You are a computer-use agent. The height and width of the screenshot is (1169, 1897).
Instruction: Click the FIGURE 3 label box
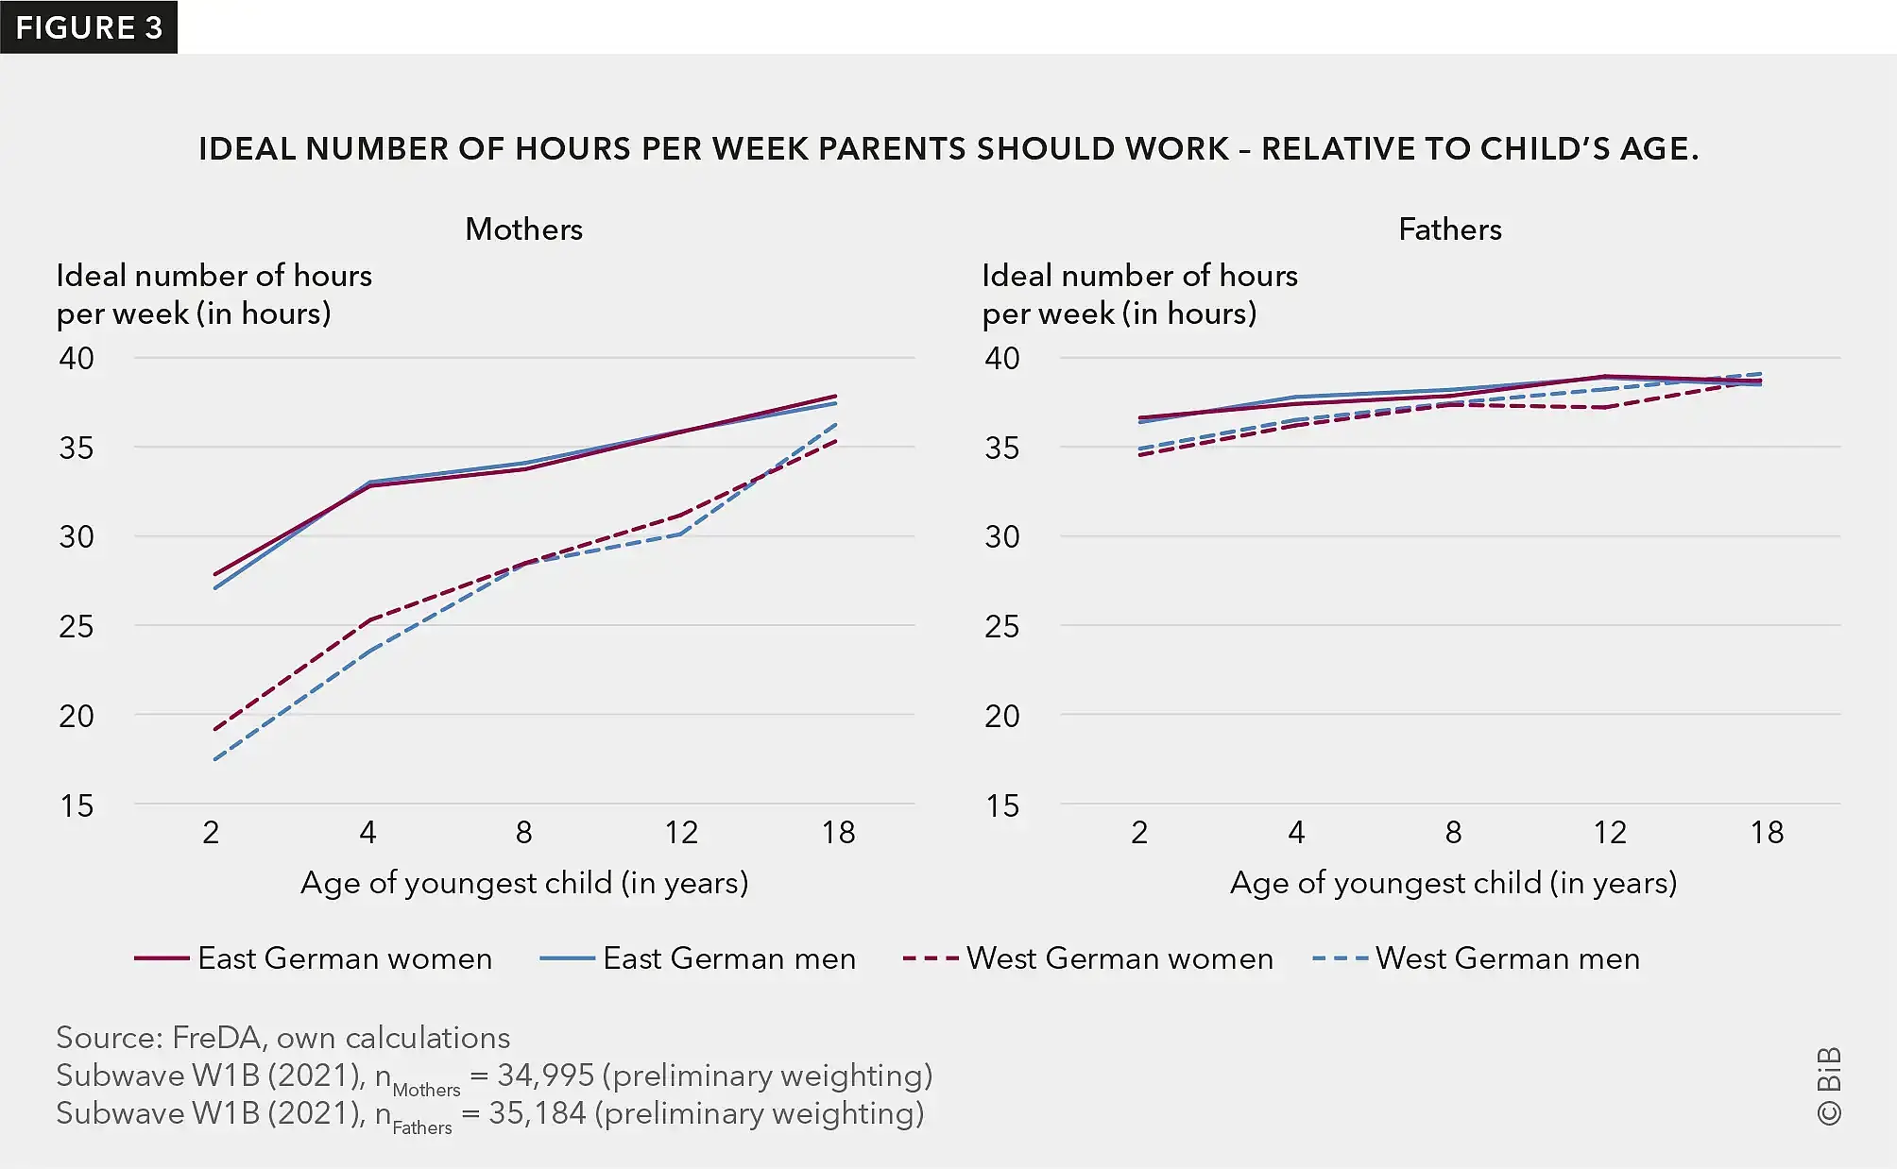(89, 27)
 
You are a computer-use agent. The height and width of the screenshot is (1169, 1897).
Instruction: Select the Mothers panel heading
(523, 229)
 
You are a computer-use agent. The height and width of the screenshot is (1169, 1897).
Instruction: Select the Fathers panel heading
(1449, 229)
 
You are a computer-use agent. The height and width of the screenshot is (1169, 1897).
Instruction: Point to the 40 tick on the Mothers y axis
(77, 359)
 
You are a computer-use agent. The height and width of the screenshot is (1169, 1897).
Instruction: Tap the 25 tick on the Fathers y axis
(1001, 626)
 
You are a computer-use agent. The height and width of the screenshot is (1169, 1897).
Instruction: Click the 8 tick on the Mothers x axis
(523, 833)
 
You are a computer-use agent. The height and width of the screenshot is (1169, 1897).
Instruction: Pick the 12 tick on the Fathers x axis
(1610, 833)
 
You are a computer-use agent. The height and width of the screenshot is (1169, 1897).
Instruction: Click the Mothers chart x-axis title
(524, 883)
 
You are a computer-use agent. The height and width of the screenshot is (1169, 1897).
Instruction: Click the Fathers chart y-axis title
(1138, 294)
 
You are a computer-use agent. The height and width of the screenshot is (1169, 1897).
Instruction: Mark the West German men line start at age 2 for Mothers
(215, 759)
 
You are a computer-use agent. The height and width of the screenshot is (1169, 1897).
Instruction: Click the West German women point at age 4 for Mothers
(368, 620)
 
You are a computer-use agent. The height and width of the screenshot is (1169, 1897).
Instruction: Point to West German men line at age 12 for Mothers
(680, 534)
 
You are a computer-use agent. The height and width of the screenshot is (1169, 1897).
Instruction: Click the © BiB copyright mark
(1829, 1086)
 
